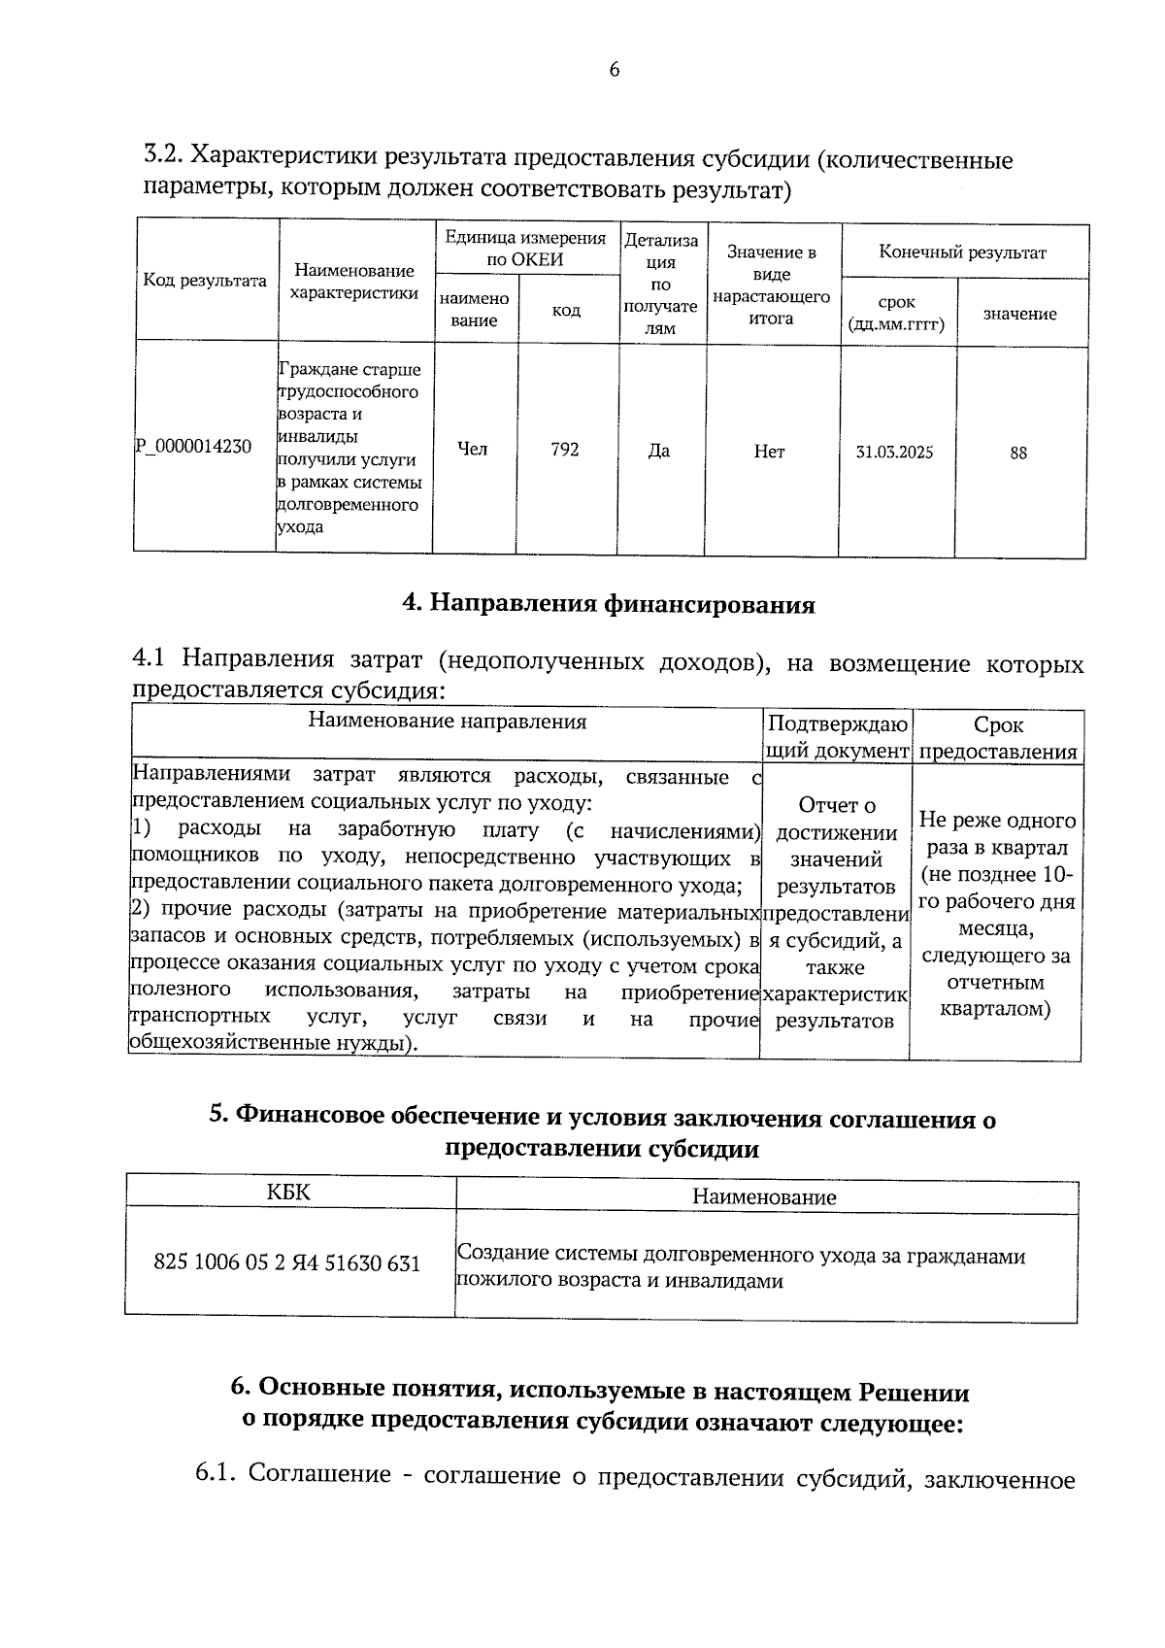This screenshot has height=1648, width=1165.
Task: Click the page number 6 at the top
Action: (x=613, y=70)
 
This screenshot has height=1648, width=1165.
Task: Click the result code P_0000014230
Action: (x=193, y=447)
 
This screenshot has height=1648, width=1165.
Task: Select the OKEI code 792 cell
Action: (x=565, y=450)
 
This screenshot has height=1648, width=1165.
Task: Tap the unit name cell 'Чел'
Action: (x=473, y=449)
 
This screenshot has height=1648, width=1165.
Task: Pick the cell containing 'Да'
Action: (x=659, y=451)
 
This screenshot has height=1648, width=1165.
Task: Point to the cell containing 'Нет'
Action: (x=769, y=452)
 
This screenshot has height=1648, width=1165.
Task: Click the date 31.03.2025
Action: (x=894, y=453)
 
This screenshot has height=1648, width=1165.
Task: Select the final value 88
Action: (x=1018, y=454)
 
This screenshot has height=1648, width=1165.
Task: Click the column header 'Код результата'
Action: (x=205, y=281)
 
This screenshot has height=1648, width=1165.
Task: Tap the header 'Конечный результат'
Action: (x=962, y=253)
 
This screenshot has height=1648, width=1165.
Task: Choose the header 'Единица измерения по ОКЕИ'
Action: (x=524, y=249)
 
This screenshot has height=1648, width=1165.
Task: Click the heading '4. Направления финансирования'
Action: (x=609, y=605)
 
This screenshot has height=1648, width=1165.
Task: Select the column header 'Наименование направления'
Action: (x=448, y=722)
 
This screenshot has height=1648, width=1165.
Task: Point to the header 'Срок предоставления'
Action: (x=998, y=738)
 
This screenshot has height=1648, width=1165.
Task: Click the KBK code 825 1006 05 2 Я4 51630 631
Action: (x=287, y=1263)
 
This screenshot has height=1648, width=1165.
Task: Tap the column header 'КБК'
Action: (x=288, y=1192)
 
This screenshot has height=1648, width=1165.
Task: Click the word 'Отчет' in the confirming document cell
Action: (x=836, y=805)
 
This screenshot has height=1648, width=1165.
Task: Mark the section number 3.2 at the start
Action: (x=161, y=155)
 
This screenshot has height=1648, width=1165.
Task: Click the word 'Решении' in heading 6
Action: (x=915, y=1392)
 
